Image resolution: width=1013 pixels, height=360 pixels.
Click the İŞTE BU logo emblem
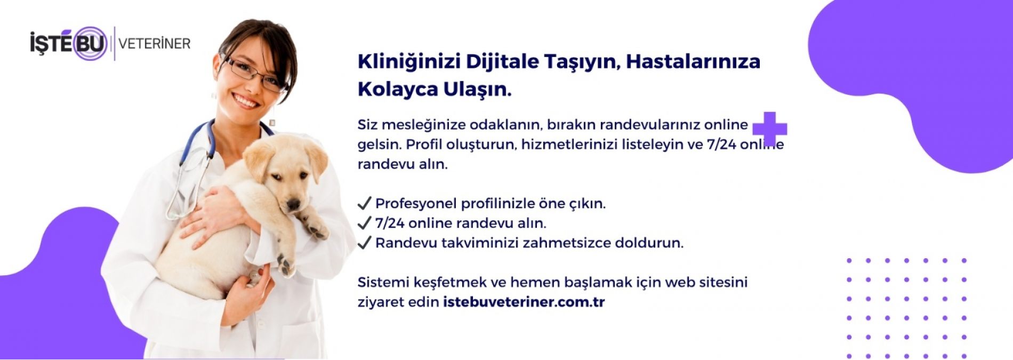coord(69,43)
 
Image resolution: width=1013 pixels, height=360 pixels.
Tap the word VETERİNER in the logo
coord(155,44)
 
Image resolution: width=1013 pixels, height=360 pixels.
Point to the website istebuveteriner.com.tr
coord(524,302)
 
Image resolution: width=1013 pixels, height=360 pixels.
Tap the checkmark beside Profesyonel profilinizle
coord(364,203)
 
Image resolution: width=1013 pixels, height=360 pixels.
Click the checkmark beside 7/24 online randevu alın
coord(364,222)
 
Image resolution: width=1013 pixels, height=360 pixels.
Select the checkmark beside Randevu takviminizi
coord(364,242)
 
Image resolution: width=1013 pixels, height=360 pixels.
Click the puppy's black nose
coord(293,204)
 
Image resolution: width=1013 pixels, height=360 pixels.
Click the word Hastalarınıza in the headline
coord(693,62)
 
